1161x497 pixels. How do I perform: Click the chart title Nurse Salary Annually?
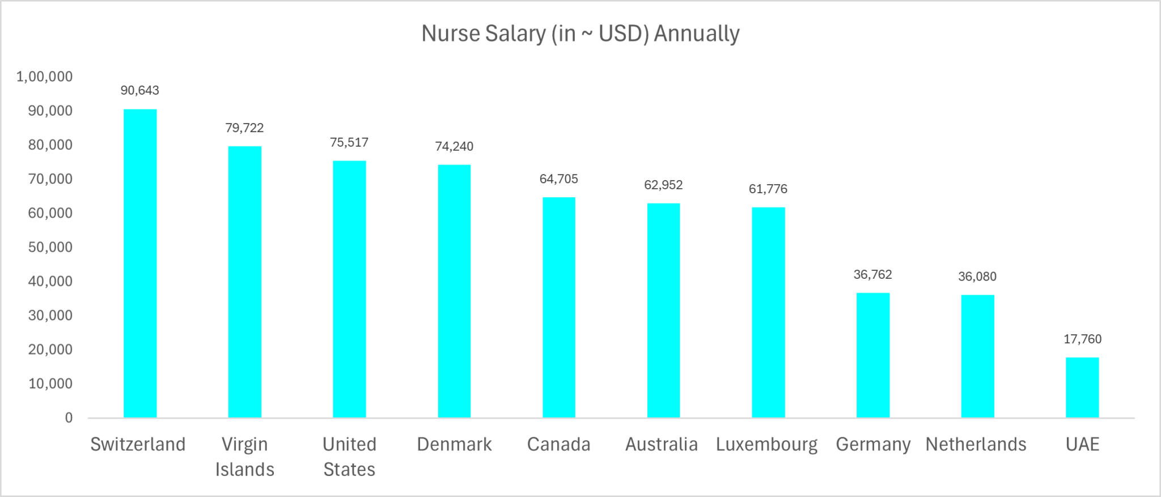coord(580,33)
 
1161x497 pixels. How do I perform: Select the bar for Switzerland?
coord(140,264)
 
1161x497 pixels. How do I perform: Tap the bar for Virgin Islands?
coord(245,282)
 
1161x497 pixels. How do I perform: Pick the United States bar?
coord(349,290)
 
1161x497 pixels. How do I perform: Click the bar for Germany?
coord(873,355)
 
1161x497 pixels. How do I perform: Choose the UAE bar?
coord(1082,388)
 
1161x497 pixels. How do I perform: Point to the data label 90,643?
coord(140,91)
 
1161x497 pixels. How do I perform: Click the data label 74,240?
coord(454,147)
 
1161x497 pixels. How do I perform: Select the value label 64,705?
coord(559,179)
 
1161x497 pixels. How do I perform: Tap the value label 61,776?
coord(768,189)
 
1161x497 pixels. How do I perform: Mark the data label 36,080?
coord(977,277)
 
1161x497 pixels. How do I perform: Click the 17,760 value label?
coord(1082,339)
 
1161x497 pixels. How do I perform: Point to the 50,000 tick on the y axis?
coord(50,247)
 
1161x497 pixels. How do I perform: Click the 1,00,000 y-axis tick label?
coord(45,77)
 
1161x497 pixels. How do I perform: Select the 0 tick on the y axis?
coord(69,418)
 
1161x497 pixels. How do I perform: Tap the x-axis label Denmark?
coord(454,444)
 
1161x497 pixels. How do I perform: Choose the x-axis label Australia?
coord(662,444)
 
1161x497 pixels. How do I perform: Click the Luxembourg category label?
coord(767,445)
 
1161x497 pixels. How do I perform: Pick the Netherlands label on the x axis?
coord(976,444)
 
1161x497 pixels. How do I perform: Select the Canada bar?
coord(559,308)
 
